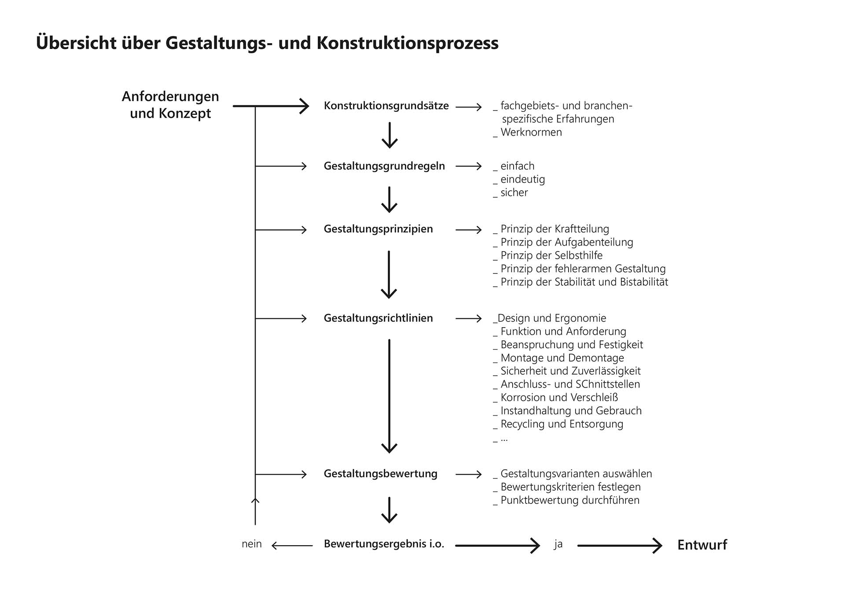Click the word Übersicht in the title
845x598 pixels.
76,43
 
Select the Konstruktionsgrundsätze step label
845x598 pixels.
386,106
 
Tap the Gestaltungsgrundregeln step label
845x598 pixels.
384,166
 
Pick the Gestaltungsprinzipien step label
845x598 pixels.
378,229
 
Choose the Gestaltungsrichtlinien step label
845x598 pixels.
378,318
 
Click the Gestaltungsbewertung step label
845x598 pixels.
380,474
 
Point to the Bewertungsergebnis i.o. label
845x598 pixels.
384,544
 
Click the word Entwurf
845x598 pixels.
702,545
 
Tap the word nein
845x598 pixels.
251,544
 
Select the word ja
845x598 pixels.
558,544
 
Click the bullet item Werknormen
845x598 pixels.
531,132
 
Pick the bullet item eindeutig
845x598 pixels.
522,179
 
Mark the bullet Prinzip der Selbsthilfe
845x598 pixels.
551,255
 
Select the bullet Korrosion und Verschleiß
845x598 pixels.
559,398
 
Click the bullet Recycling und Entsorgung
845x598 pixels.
562,424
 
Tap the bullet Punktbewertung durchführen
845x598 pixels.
569,500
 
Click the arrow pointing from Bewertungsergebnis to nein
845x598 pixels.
292,546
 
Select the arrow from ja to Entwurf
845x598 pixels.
619,546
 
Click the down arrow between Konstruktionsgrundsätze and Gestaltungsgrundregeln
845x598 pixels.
389,135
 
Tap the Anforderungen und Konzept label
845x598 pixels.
170,105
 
